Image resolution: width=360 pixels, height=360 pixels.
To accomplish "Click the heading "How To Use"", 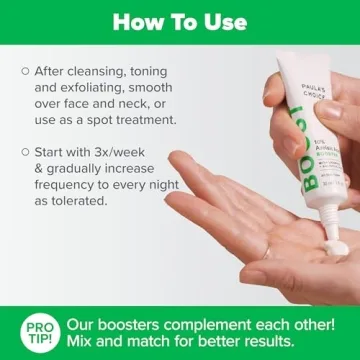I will click(x=180, y=22).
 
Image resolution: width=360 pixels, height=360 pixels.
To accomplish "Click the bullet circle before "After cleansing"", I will click(x=24, y=71).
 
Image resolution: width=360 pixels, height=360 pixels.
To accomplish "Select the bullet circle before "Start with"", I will click(x=24, y=151).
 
